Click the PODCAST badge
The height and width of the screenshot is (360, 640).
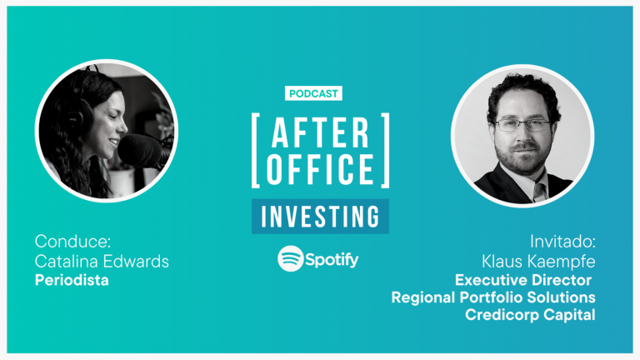[x=313, y=93]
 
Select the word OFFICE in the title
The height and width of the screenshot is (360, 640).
[x=320, y=169]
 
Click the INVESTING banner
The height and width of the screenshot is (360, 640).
[x=320, y=217]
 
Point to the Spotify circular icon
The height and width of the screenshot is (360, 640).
[x=291, y=258]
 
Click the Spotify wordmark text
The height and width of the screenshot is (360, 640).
[x=332, y=260]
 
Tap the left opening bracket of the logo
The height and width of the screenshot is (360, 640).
[x=256, y=151]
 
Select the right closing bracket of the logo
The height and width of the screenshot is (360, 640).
[x=385, y=151]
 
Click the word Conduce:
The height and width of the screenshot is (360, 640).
[x=72, y=241]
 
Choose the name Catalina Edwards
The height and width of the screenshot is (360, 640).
[x=102, y=261]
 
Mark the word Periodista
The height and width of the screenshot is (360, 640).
[x=72, y=280]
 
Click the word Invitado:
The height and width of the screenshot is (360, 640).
[x=562, y=242]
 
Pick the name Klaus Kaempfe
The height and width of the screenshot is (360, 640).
[x=538, y=262]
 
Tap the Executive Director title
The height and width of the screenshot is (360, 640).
[x=523, y=280]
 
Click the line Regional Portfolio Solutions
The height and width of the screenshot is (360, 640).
[x=493, y=297]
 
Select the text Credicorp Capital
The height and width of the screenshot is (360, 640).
[x=530, y=315]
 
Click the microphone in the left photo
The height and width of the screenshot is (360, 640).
[x=141, y=152]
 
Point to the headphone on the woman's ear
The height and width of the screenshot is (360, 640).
[x=80, y=114]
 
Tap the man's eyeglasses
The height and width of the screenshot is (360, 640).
[x=522, y=125]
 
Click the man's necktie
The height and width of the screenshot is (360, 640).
[x=540, y=192]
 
